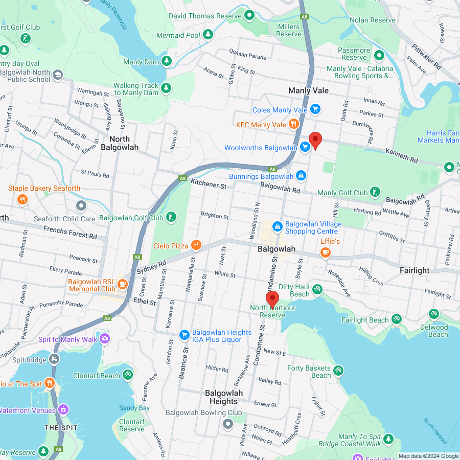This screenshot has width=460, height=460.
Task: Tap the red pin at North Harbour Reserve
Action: tap(272, 299)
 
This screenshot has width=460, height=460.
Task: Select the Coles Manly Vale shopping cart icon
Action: tap(315, 109)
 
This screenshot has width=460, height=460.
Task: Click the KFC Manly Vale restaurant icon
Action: tap(293, 124)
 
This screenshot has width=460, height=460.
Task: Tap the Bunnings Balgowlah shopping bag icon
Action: tap(301, 176)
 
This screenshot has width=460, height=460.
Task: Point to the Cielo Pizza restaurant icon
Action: tap(196, 245)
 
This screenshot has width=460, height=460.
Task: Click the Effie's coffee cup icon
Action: tap(325, 252)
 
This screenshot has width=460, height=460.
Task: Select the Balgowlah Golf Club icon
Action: tap(172, 217)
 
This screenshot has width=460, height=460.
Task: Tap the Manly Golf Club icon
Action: tap(375, 192)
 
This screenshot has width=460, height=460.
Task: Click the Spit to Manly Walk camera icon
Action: tap(105, 338)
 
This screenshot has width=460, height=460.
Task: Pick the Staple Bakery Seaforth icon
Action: tap(22, 199)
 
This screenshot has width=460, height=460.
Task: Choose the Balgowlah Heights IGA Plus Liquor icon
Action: tap(184, 335)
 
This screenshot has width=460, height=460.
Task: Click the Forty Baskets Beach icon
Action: tap(338, 371)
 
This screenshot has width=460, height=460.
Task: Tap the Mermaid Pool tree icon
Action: tap(208, 34)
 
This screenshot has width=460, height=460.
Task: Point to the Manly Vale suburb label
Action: tap(308, 90)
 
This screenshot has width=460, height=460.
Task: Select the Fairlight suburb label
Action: tap(415, 270)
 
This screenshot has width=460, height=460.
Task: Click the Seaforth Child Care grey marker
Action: tap(81, 206)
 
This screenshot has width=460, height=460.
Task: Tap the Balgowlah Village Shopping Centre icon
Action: tap(277, 225)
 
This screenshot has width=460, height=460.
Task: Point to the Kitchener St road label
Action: tap(209, 183)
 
